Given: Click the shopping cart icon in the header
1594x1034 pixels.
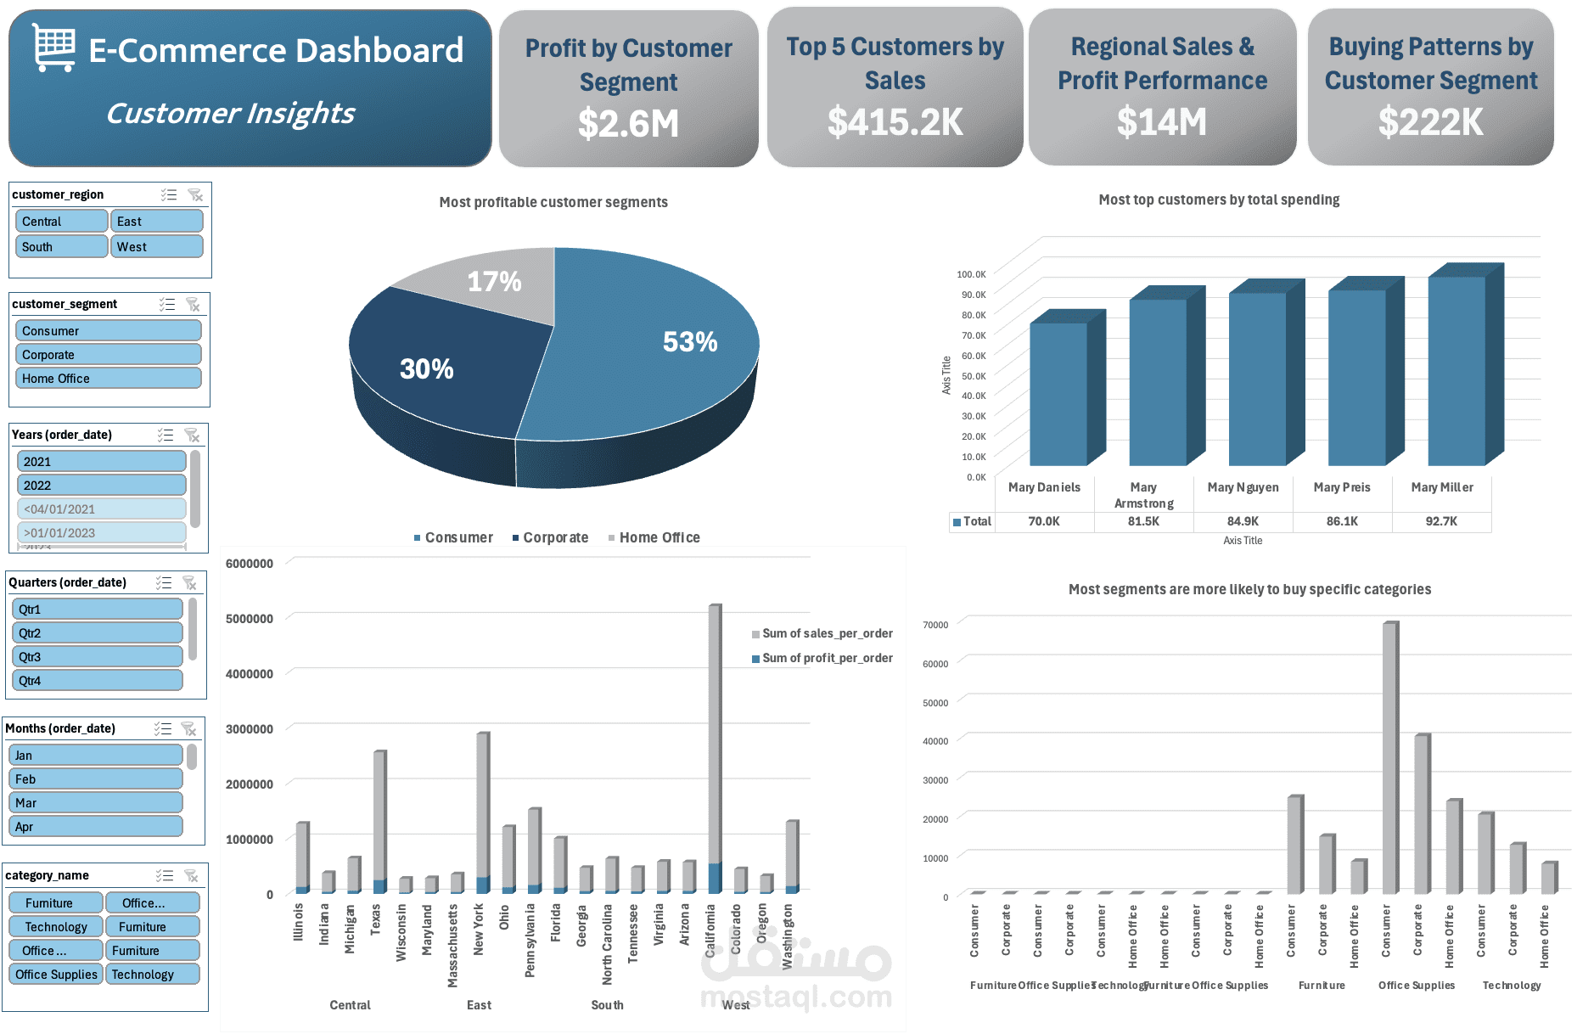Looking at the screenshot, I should coord(54,48).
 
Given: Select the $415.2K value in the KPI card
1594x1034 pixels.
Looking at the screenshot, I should coord(895,122).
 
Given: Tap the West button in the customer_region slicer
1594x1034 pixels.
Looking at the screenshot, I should coord(156,246).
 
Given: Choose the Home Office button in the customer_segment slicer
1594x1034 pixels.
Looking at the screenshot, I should coord(108,379).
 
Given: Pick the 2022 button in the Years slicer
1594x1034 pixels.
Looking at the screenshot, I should coord(101,486).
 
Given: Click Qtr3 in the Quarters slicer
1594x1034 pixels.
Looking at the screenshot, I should coord(97,657).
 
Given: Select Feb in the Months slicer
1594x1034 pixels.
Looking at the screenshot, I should coord(95,779).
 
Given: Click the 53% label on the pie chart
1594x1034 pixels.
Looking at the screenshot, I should coord(689,342).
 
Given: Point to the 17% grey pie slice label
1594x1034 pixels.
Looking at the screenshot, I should coord(494,282).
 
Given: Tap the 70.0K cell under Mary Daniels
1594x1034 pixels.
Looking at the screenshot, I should coord(1043,521).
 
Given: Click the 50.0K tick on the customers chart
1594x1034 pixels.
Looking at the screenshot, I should coord(973,376).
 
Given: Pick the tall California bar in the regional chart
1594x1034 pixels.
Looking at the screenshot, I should coord(715,739).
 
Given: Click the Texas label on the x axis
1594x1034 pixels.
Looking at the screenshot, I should coord(375,919).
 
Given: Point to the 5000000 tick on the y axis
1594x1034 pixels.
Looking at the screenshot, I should coord(250,619).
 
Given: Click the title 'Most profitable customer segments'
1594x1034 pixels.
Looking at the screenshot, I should coord(553,202).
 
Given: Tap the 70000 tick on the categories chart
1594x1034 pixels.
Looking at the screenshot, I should coord(935,625).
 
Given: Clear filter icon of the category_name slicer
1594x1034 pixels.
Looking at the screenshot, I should coord(191,875).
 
